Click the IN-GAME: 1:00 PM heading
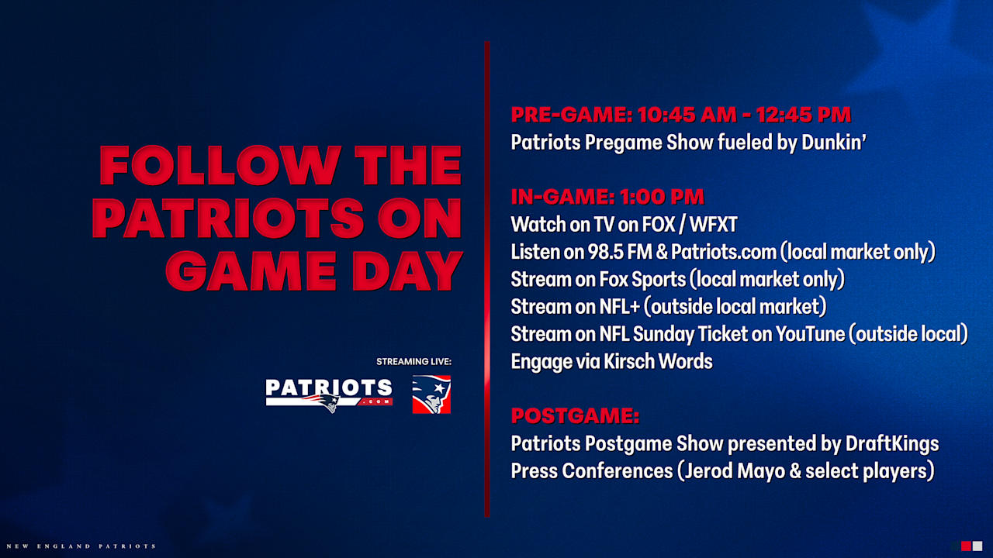[607, 197]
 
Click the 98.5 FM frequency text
[618, 252]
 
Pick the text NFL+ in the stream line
[619, 307]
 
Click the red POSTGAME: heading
[575, 416]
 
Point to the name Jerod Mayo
[744, 471]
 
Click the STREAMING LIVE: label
[413, 362]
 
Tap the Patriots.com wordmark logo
[328, 394]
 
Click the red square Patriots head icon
[431, 394]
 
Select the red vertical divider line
[487, 279]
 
